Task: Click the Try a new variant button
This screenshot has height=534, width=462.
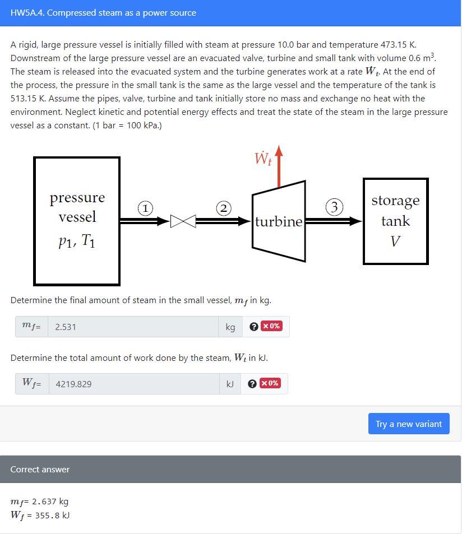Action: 409,424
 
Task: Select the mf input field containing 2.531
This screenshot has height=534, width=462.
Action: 133,327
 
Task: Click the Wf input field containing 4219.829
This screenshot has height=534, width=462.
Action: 133,384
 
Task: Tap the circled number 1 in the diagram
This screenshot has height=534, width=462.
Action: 145,208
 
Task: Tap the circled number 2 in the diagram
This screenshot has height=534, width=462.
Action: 224,208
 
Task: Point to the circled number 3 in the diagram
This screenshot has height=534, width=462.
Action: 335,207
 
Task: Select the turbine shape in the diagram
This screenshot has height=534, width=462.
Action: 279,221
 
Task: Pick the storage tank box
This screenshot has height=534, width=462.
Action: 395,221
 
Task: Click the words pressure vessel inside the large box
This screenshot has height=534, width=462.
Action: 77,207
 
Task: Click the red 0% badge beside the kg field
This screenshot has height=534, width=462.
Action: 272,326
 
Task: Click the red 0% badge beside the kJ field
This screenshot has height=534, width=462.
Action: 270,383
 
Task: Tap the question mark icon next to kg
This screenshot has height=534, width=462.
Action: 253,327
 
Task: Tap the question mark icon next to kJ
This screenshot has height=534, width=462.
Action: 252,384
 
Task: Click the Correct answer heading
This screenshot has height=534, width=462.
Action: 40,470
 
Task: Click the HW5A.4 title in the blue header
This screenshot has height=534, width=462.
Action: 103,13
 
